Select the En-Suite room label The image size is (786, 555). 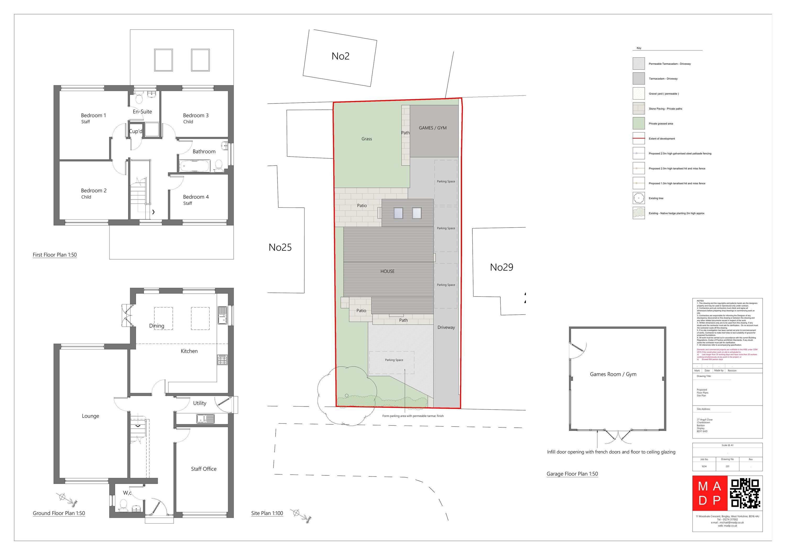point(142,112)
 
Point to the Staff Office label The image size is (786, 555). point(204,469)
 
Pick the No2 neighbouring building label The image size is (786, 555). point(340,56)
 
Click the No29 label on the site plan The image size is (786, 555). point(501,267)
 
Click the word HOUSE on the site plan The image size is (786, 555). point(387,271)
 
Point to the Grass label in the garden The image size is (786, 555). point(366,139)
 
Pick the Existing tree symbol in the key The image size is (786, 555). point(638,198)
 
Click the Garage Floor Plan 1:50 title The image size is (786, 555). point(572,474)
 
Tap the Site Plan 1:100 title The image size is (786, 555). point(267,513)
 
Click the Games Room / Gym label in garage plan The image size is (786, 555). point(613,374)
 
